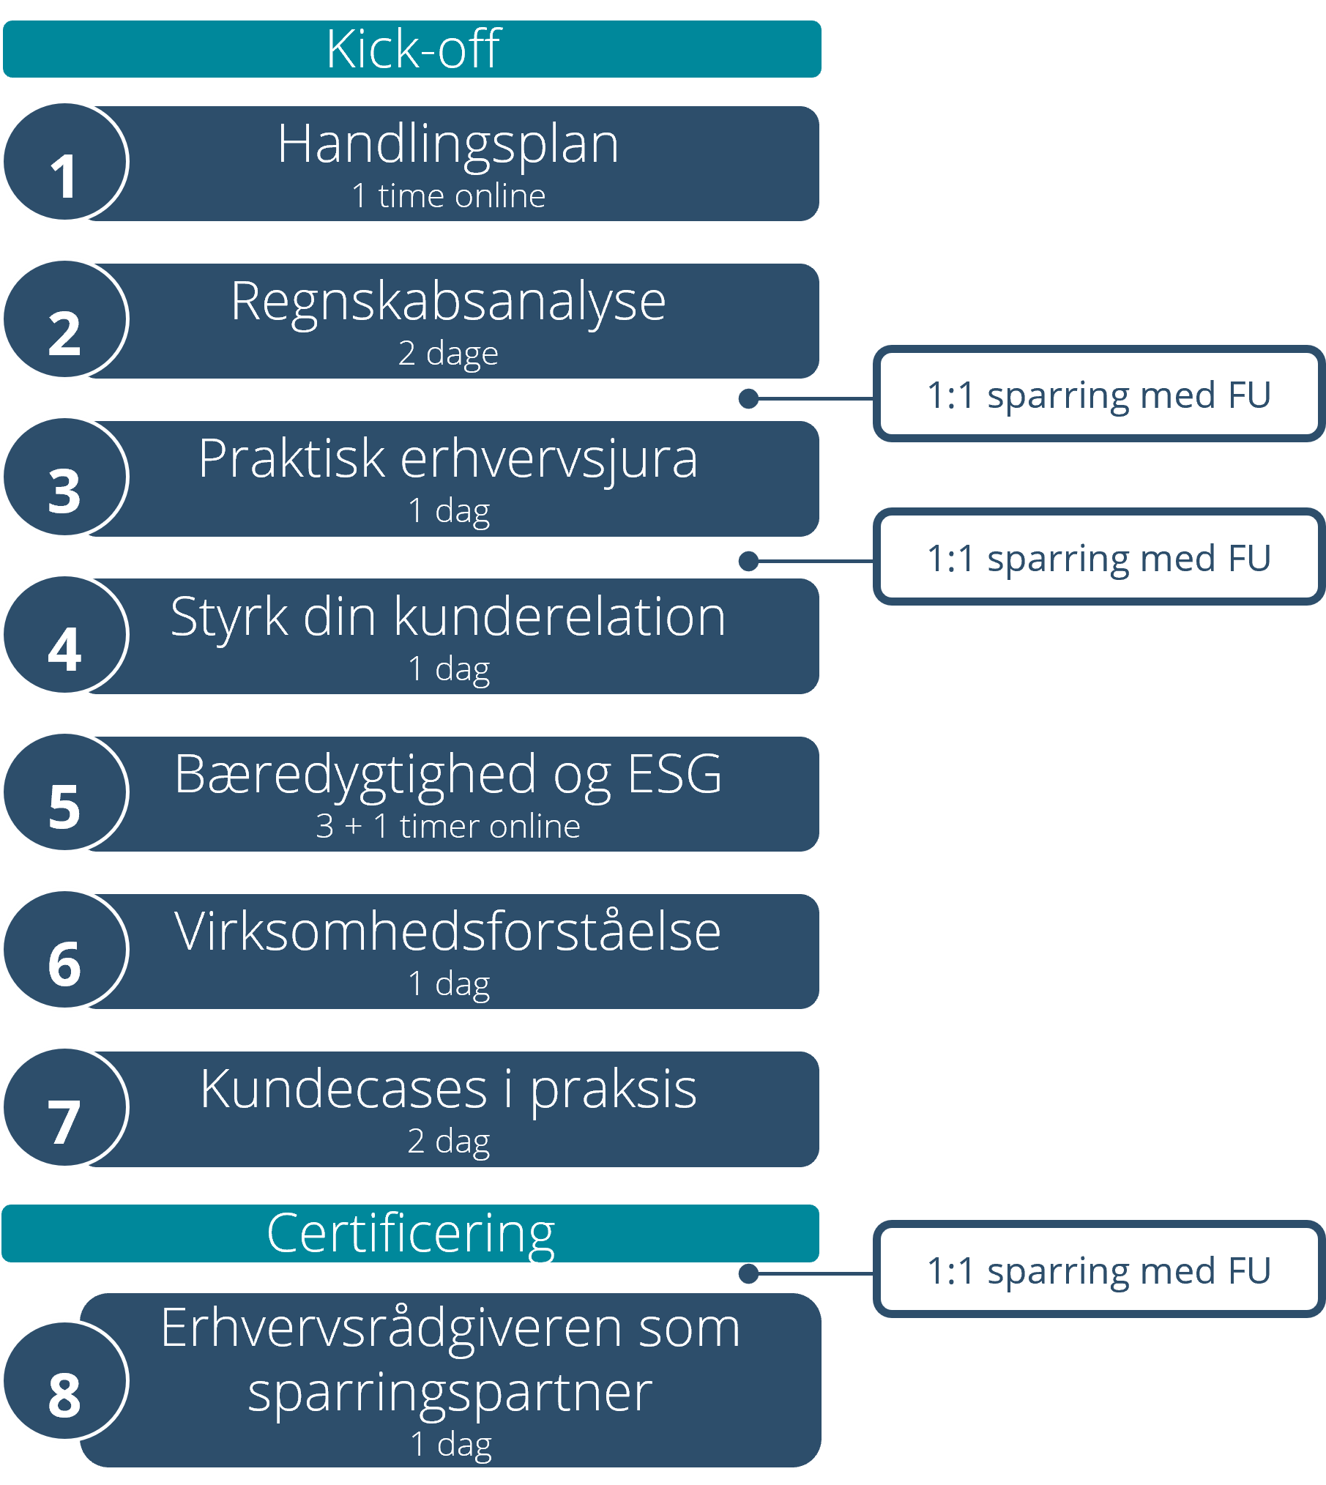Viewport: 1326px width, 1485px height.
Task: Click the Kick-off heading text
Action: pos(413,49)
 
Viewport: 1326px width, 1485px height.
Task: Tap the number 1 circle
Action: pos(66,162)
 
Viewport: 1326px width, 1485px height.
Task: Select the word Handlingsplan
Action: pos(448,145)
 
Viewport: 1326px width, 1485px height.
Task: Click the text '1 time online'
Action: pos(448,196)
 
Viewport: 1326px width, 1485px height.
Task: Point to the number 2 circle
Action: pos(66,319)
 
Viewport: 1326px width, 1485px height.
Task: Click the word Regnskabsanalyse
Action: pos(448,302)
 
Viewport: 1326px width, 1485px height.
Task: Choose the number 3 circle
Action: pos(66,477)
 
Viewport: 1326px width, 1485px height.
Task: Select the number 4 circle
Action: pos(66,635)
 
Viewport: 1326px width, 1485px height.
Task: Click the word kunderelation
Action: pos(560,617)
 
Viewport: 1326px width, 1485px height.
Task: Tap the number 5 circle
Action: pos(66,792)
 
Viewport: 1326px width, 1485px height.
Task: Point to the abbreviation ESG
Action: pos(674,775)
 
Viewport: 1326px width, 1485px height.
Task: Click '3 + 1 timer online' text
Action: pos(448,827)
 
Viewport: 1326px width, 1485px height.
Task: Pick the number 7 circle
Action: pos(66,1107)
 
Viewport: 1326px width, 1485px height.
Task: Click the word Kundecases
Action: pos(344,1090)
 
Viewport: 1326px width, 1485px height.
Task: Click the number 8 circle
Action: pos(66,1381)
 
